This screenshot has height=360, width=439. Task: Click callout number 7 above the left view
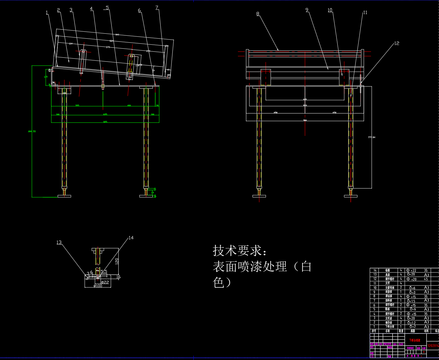point(157,7)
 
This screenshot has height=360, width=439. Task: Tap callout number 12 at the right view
point(397,43)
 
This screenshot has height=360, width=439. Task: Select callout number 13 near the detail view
point(59,242)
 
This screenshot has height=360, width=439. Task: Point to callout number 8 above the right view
point(258,14)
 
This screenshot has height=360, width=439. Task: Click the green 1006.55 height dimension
point(32,131)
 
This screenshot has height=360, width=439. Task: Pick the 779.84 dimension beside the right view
point(372,137)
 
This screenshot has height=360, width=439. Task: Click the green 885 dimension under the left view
point(105,122)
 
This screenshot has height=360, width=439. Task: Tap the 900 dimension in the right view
point(305,120)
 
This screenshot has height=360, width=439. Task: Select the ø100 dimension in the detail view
point(98,286)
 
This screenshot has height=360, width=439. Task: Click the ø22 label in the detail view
point(105,282)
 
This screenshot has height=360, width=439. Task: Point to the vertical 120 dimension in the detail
point(117,261)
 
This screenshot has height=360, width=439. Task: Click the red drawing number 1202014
point(433,346)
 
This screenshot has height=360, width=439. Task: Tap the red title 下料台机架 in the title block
point(415,340)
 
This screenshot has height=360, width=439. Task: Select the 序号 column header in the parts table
point(374,331)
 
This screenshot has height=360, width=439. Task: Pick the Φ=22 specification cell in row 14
point(411,271)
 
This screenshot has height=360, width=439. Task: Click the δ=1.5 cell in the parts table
point(411,301)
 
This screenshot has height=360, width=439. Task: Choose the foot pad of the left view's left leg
point(64,196)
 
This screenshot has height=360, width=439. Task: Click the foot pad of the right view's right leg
point(351,196)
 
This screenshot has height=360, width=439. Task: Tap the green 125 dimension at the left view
point(46,77)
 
